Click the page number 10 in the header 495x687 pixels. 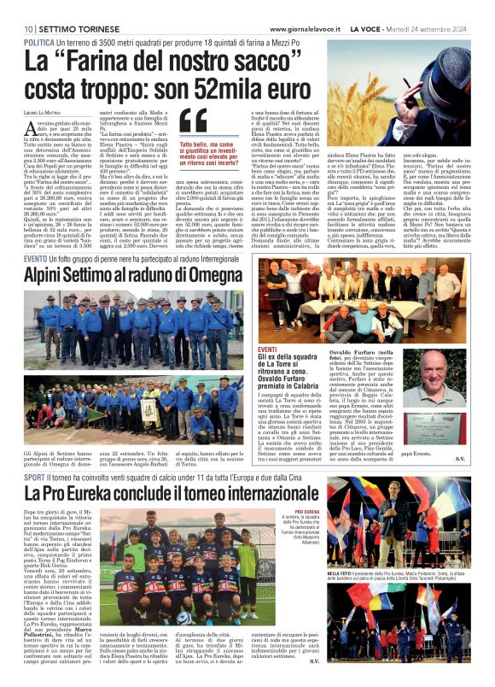click(x=28, y=28)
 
